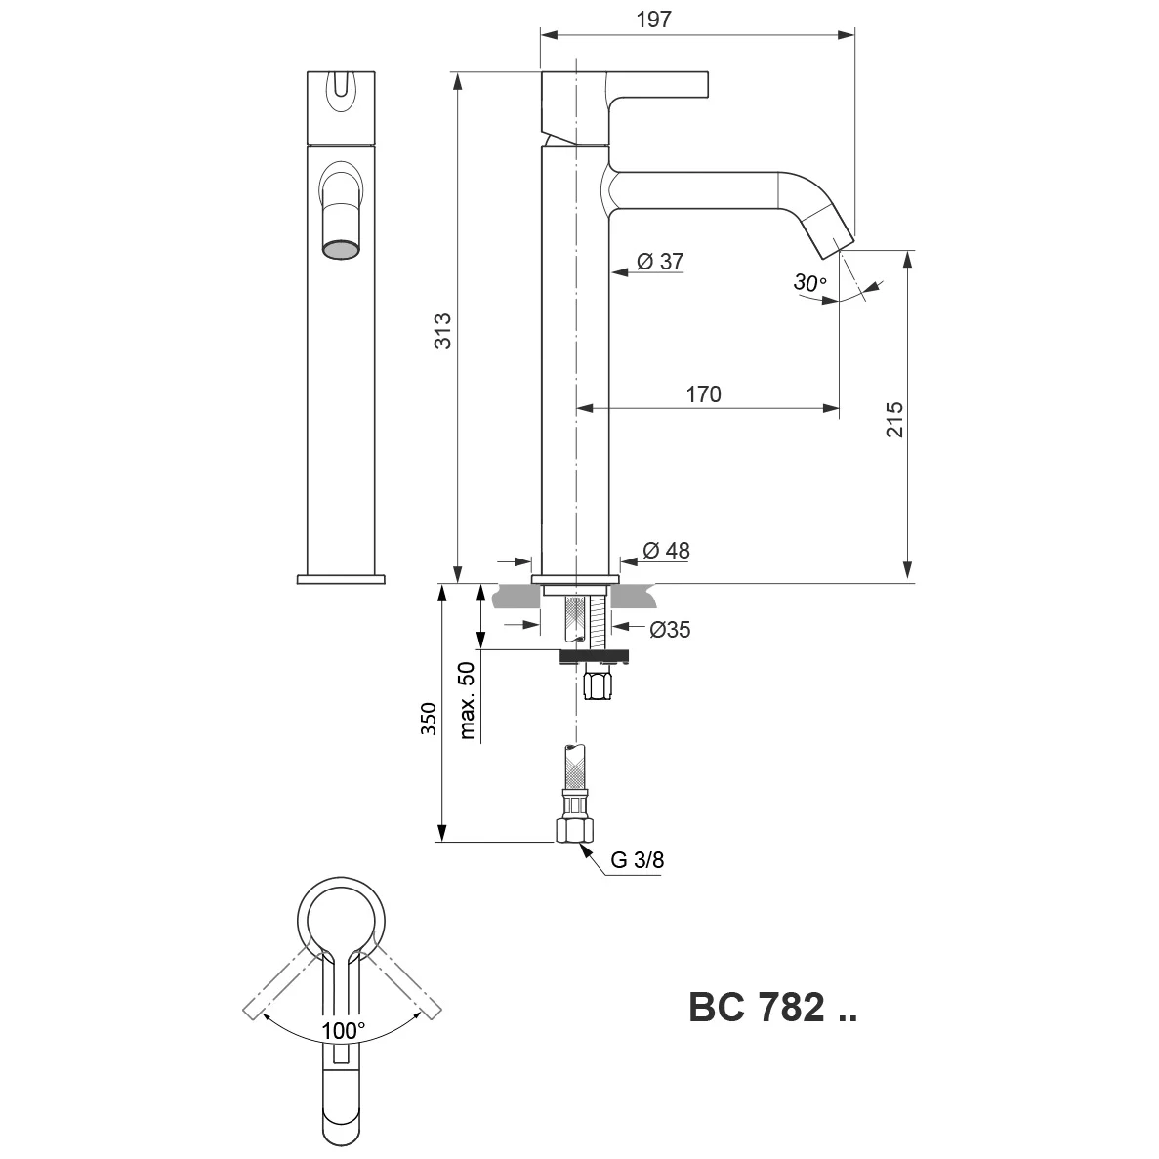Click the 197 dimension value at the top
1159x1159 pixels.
[653, 20]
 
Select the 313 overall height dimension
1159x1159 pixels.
[442, 330]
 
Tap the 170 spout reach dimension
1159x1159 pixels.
[703, 393]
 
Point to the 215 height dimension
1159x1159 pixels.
[894, 419]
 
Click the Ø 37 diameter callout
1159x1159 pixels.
[660, 261]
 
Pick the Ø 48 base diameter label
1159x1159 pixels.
[666, 550]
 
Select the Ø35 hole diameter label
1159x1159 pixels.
[670, 629]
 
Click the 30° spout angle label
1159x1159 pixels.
[810, 282]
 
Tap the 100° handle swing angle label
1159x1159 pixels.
[343, 1030]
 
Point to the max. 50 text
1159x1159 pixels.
[467, 700]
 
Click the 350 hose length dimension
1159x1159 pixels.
[429, 719]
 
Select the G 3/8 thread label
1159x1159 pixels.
[638, 859]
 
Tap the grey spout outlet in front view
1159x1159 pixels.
[341, 249]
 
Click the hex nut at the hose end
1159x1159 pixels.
[574, 829]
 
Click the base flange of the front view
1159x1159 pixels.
[341, 580]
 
